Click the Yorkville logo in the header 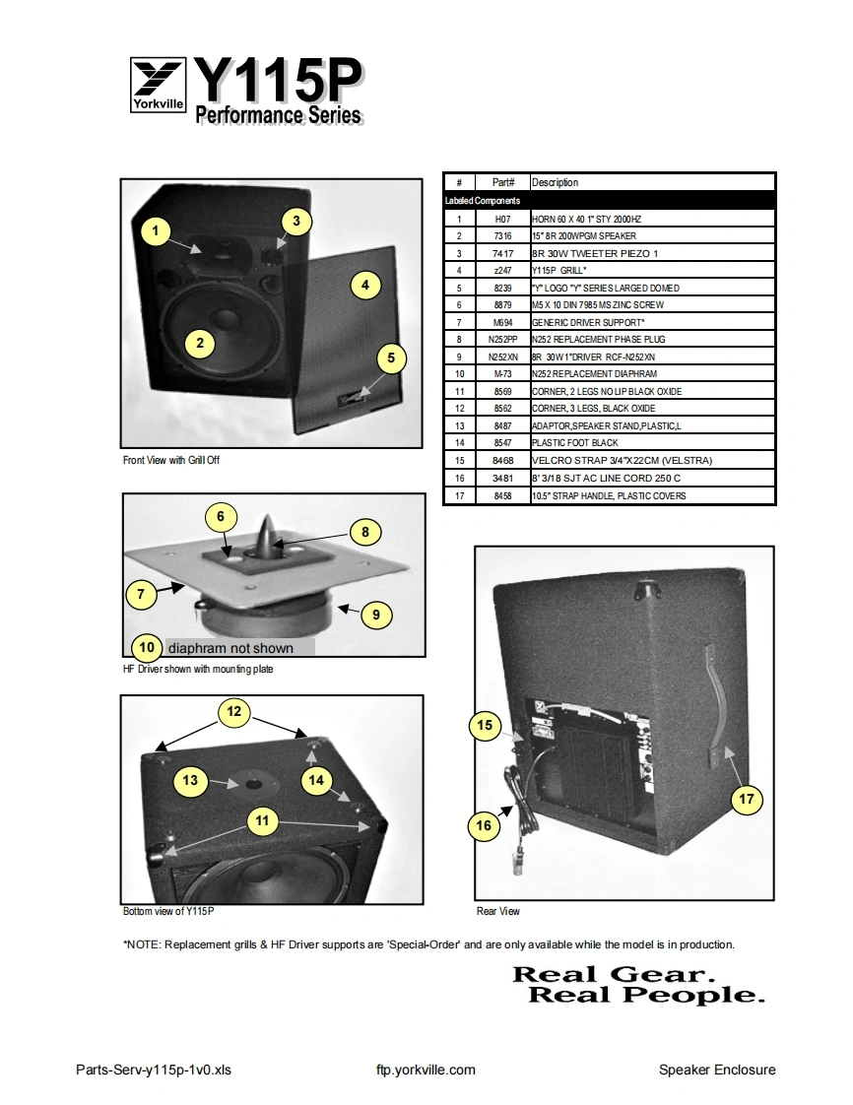click(x=158, y=87)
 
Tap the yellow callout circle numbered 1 click(x=155, y=231)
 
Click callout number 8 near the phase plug click(x=365, y=532)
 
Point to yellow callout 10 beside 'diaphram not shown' click(x=147, y=647)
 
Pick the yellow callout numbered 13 click(x=190, y=781)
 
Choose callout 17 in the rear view click(x=746, y=799)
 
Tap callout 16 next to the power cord click(x=484, y=825)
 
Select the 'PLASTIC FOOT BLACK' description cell click(x=576, y=443)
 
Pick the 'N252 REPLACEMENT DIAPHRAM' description click(x=594, y=374)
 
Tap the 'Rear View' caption click(x=498, y=911)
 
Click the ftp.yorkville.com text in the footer click(x=426, y=1070)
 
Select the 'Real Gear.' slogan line click(x=612, y=974)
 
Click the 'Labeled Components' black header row click(x=610, y=200)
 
